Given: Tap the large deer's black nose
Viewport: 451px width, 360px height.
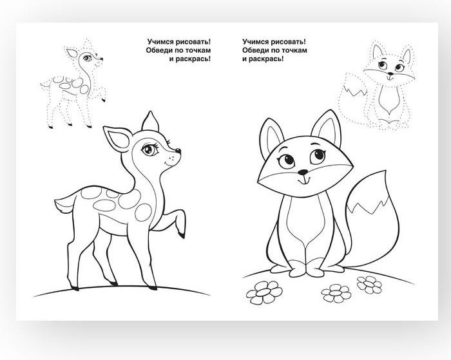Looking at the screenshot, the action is (178, 151).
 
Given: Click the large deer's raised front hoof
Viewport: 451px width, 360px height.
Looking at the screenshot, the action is (181, 234).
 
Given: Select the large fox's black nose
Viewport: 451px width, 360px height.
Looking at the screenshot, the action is (303, 172).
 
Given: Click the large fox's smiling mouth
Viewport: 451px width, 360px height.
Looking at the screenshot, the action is (303, 180).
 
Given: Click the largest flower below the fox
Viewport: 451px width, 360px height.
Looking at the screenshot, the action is (264, 292).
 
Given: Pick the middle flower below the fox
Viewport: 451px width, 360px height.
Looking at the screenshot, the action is (336, 293).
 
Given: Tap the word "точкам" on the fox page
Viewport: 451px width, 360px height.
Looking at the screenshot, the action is (294, 50).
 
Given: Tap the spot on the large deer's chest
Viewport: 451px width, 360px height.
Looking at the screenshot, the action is (143, 213).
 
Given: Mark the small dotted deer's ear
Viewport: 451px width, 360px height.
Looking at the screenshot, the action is (72, 53).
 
